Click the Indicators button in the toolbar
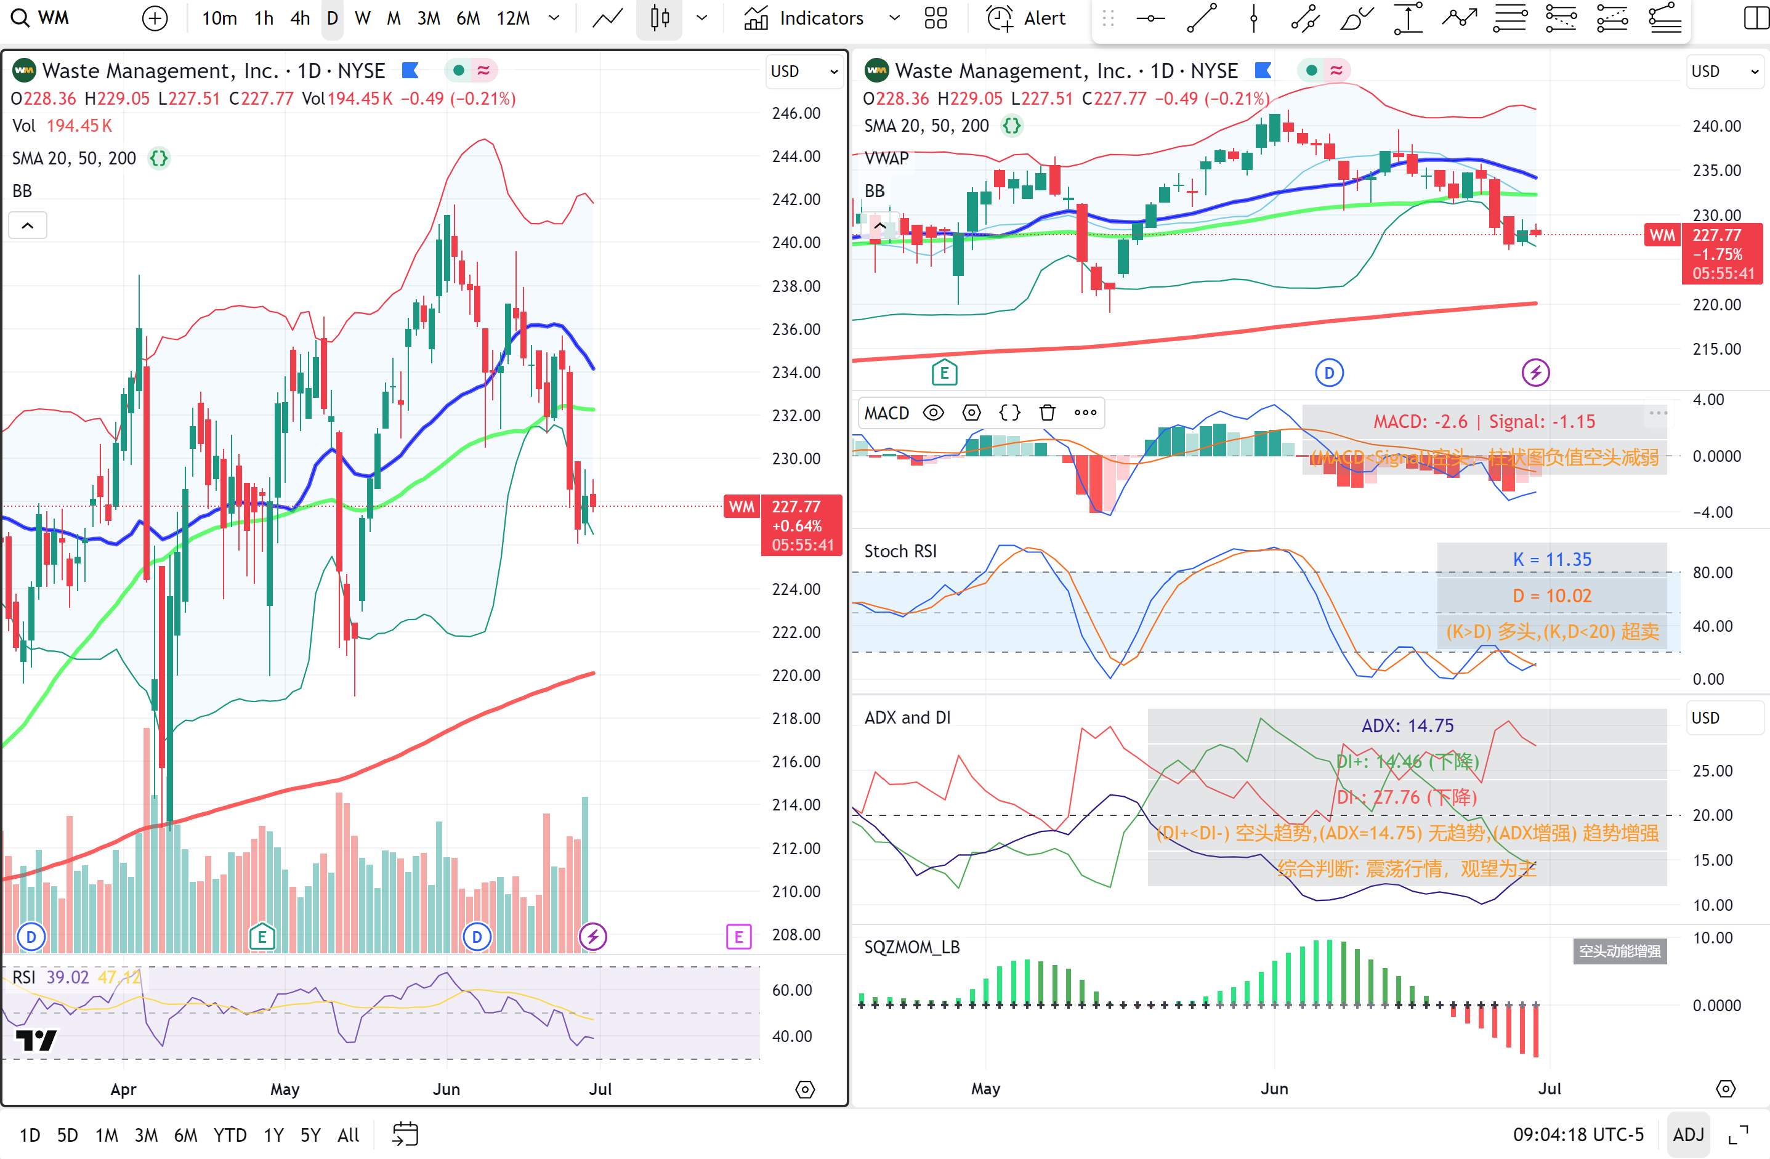tap(805, 18)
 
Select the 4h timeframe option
tap(300, 18)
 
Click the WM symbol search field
tap(53, 18)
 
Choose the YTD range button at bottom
tap(230, 1135)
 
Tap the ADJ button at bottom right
tap(1687, 1134)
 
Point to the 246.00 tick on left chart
tap(796, 113)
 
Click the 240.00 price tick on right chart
tap(1716, 126)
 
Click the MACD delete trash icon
tap(1047, 413)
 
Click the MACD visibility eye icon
tap(932, 413)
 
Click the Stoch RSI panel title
tap(900, 551)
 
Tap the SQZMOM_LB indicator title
tap(911, 947)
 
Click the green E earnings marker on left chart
tap(262, 937)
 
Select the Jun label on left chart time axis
tap(447, 1089)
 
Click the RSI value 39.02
tap(67, 977)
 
